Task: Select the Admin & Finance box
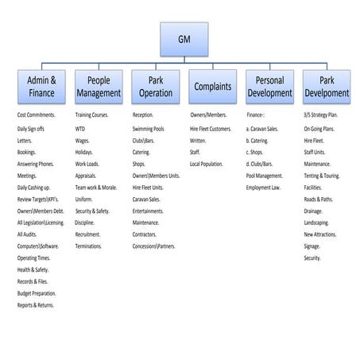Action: (41, 87)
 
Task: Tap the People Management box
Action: (98, 87)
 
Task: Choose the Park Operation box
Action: (155, 87)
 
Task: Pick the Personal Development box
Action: (269, 87)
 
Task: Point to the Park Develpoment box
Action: (326, 87)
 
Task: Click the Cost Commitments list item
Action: (37, 115)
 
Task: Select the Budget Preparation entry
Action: (36, 293)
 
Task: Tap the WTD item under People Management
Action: (80, 127)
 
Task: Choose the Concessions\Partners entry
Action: (154, 246)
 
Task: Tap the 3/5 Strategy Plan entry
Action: (322, 115)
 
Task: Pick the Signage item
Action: (312, 246)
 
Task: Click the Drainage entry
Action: (313, 211)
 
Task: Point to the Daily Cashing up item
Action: (34, 187)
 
